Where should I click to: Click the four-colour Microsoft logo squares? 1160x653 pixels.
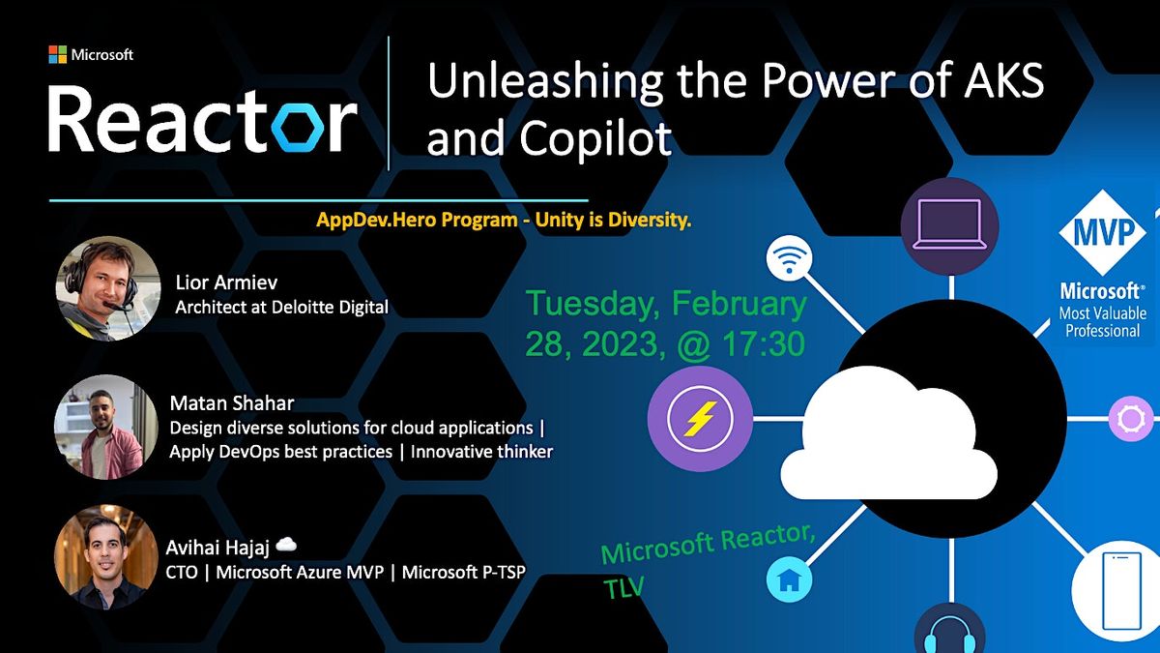click(x=57, y=54)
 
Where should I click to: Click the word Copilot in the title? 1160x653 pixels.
click(x=597, y=138)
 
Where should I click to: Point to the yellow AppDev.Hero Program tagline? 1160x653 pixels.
click(x=504, y=220)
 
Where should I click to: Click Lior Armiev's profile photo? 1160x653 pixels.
click(x=108, y=288)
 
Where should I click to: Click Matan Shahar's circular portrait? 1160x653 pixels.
click(x=105, y=427)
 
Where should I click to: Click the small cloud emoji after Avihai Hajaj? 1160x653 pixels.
click(x=286, y=545)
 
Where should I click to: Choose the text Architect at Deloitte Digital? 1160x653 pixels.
click(x=281, y=308)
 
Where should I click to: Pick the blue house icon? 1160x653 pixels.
click(x=790, y=580)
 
